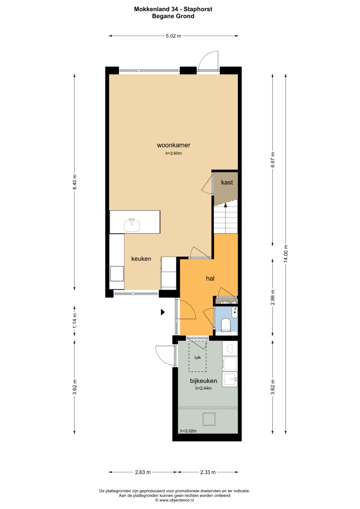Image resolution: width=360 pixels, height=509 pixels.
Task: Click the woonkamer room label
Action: pyautogui.click(x=173, y=145)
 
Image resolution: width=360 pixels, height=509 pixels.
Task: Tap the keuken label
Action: pyautogui.click(x=141, y=259)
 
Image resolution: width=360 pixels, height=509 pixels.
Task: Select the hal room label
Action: pyautogui.click(x=210, y=278)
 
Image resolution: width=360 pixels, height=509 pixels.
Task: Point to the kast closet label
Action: pyautogui.click(x=227, y=182)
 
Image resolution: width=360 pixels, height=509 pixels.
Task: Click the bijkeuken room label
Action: pyautogui.click(x=203, y=381)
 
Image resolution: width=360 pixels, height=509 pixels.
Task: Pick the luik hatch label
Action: pyautogui.click(x=197, y=357)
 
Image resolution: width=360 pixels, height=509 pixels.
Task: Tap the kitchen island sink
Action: pyautogui.click(x=132, y=225)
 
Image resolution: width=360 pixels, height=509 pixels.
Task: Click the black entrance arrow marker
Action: pyautogui.click(x=163, y=312)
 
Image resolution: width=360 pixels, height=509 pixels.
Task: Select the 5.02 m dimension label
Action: pyautogui.click(x=173, y=36)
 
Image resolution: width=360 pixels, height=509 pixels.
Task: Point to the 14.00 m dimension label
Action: pyautogui.click(x=286, y=254)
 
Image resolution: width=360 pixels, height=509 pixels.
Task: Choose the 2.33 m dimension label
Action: pyautogui.click(x=208, y=472)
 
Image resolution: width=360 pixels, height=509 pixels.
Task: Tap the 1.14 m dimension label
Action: pyautogui.click(x=75, y=321)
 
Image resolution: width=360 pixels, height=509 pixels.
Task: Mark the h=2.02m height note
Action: pyautogui.click(x=188, y=431)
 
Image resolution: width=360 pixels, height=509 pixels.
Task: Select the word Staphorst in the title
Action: pyautogui.click(x=198, y=9)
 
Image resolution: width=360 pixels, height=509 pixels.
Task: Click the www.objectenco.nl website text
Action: pyautogui.click(x=177, y=500)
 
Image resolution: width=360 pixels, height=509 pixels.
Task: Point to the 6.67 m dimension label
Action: pyautogui.click(x=273, y=160)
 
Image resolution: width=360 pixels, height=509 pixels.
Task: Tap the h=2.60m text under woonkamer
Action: pyautogui.click(x=173, y=153)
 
